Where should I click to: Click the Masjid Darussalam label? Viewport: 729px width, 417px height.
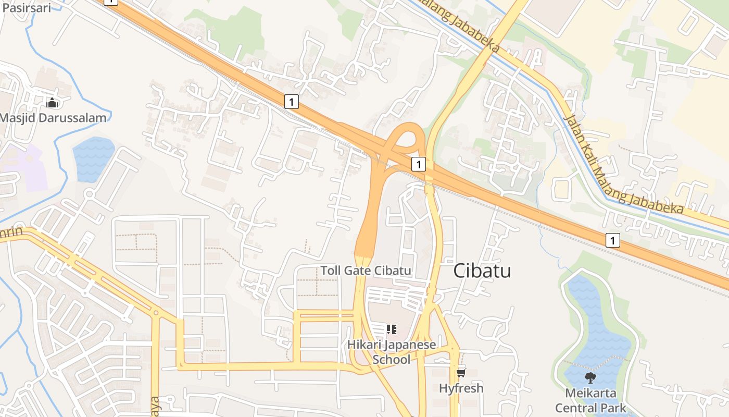tap(53, 117)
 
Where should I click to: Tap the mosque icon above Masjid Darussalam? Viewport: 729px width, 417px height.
tap(52, 103)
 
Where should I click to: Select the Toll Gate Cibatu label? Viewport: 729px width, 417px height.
tap(366, 271)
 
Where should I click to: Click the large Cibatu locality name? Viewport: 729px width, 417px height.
tap(482, 271)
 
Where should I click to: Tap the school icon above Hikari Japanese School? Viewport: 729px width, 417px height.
tap(391, 329)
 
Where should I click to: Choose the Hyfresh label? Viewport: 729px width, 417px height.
tap(461, 388)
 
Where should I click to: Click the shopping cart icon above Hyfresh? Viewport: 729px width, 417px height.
tap(461, 372)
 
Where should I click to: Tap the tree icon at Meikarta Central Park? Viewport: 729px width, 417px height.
tap(590, 377)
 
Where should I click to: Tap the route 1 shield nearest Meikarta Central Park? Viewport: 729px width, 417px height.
tap(613, 240)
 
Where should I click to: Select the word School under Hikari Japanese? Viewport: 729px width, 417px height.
tap(392, 359)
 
